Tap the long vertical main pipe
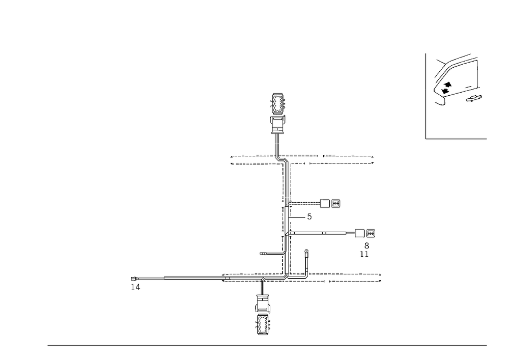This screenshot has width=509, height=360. tap(286, 219)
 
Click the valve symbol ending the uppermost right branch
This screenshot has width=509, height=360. tap(335, 205)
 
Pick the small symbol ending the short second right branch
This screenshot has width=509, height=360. tap(309, 217)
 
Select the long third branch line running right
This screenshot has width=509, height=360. tap(318, 235)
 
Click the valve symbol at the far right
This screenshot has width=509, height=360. tap(371, 234)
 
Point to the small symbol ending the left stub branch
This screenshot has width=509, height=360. tap(263, 253)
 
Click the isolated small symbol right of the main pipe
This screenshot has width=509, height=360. tap(305, 252)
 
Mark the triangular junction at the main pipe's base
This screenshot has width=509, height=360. tap(287, 277)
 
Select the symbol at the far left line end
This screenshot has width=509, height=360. tap(135, 283)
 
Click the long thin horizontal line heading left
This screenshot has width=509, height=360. tap(193, 278)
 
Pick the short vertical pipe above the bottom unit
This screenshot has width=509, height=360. tap(263, 289)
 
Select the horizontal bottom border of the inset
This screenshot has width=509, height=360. tap(456, 140)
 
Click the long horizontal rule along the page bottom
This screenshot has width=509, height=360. tap(267, 345)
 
